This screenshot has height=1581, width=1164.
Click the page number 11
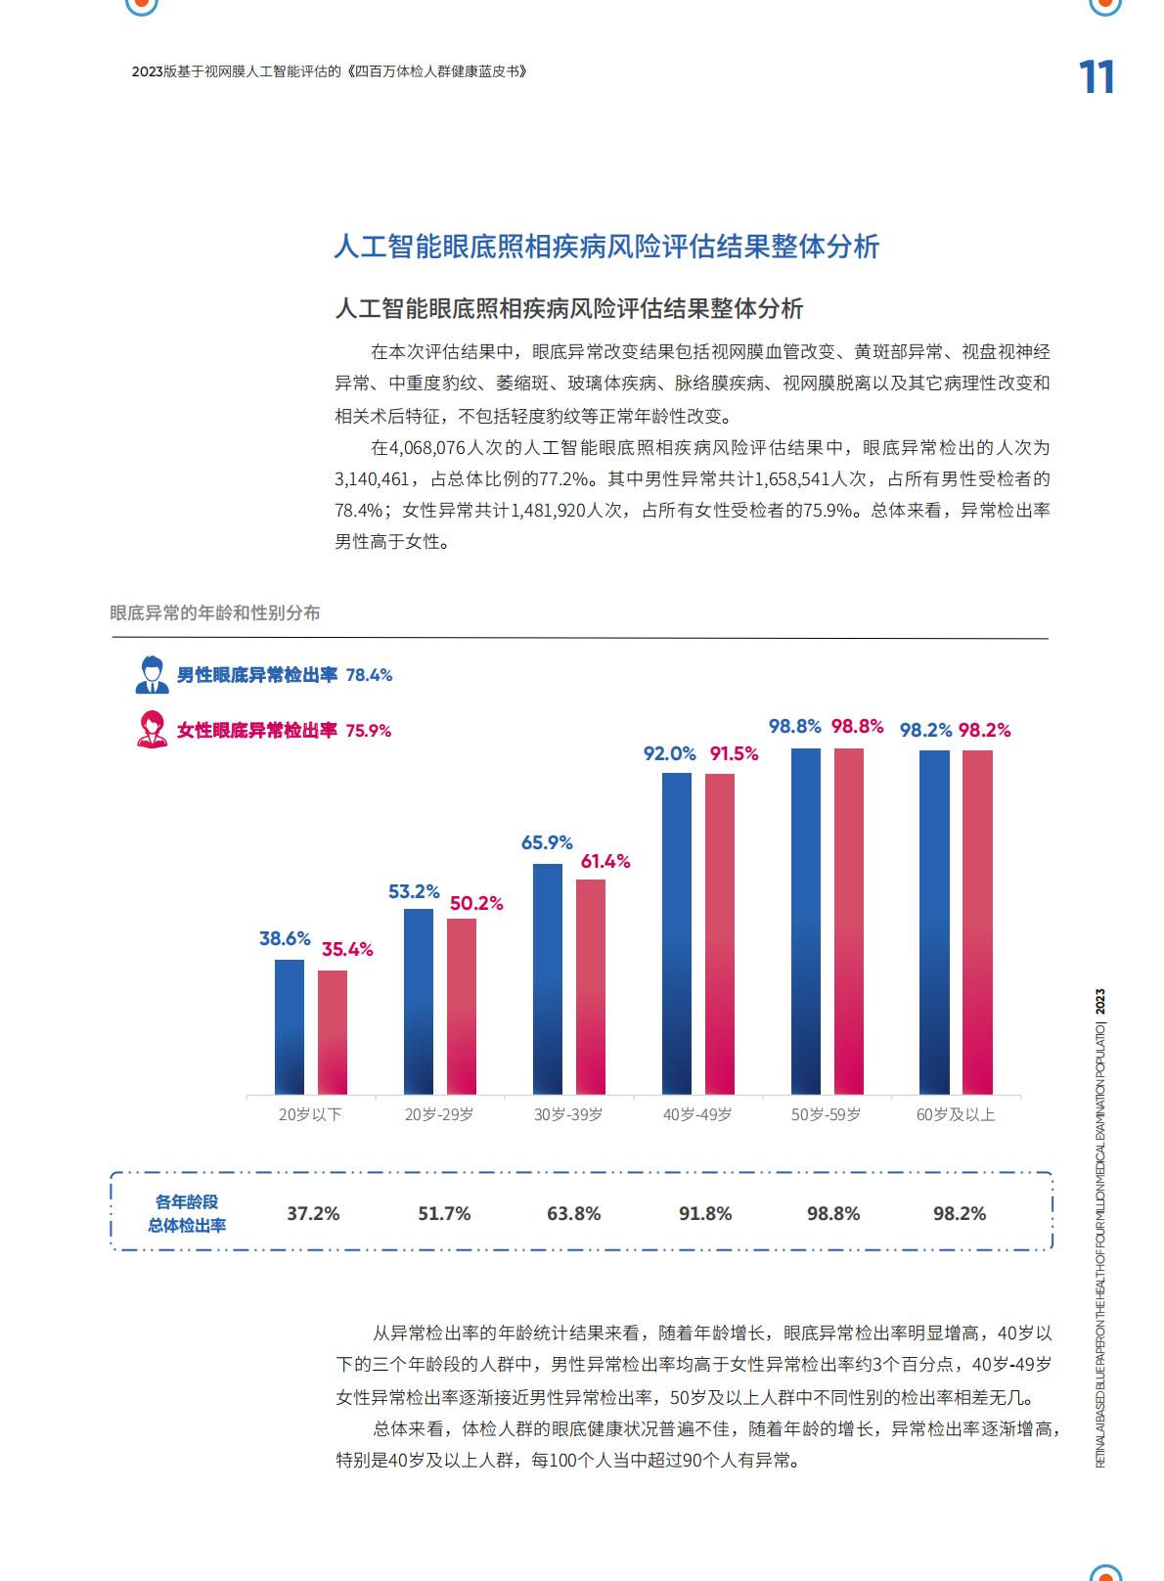point(1096,77)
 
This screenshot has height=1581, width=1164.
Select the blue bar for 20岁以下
point(290,1027)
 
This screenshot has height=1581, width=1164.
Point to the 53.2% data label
point(414,891)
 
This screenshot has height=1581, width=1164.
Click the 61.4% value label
point(605,861)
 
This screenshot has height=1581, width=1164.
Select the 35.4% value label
point(347,949)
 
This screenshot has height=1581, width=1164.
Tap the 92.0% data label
point(670,753)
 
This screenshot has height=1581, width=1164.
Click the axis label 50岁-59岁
point(826,1114)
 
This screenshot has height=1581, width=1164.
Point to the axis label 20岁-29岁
point(439,1114)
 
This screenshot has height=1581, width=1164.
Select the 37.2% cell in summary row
point(313,1213)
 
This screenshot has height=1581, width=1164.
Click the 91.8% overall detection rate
point(705,1213)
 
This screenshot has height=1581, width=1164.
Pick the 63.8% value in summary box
point(574,1213)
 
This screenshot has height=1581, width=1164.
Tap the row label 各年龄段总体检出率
point(186,1213)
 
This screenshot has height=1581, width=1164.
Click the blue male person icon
point(152,673)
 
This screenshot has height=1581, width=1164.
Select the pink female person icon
point(152,729)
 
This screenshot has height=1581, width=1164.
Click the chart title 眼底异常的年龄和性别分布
point(215,612)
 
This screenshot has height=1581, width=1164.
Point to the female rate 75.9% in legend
point(369,731)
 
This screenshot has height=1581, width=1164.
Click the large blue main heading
point(606,246)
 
